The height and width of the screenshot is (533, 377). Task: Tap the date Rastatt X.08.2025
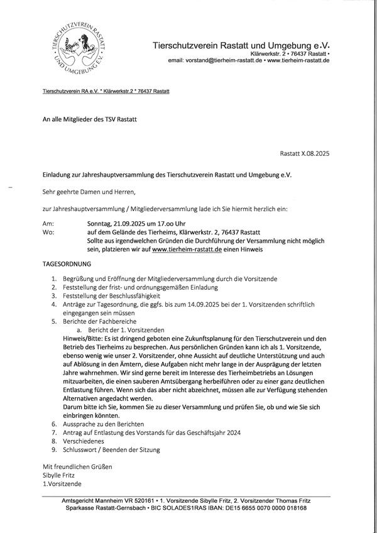click(x=305, y=153)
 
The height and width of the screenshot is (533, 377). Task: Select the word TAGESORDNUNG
click(x=67, y=265)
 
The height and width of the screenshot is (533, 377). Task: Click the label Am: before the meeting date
click(x=48, y=223)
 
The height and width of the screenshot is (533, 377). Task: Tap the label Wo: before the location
click(x=48, y=232)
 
